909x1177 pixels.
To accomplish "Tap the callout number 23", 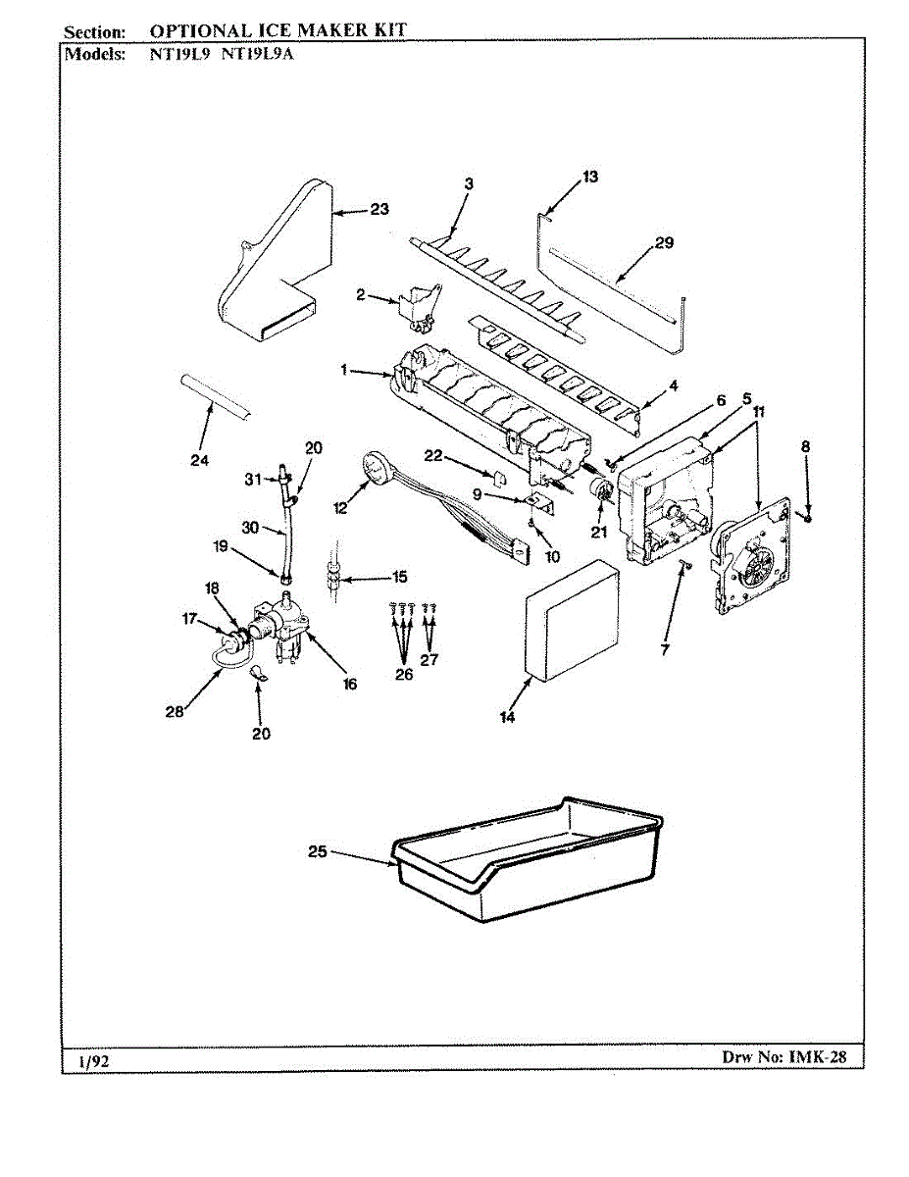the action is point(379,209).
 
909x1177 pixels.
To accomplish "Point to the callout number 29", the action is point(664,242).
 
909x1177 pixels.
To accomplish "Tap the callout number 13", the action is point(590,177).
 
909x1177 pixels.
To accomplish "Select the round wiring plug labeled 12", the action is point(374,467).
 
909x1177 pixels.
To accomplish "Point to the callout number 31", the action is point(253,480).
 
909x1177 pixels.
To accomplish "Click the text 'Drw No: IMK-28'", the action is point(783,1056).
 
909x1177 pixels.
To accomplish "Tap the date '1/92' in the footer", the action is point(93,1061).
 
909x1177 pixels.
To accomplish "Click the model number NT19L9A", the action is point(258,54).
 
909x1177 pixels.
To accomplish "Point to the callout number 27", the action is point(429,659).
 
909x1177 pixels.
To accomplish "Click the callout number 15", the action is point(399,577).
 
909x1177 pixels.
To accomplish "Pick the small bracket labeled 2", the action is point(421,308).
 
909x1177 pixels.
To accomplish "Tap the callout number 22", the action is point(433,456).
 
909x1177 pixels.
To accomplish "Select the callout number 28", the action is point(175,712).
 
